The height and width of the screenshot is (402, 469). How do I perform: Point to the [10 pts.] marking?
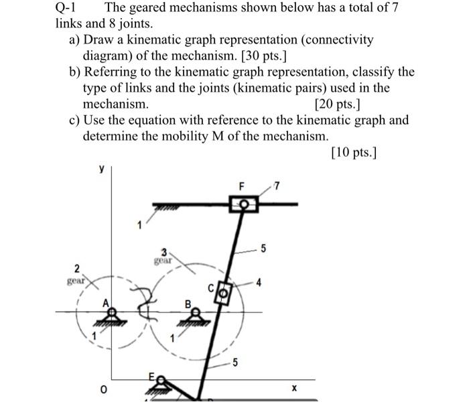(x=354, y=153)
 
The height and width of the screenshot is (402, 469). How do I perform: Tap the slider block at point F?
(x=244, y=203)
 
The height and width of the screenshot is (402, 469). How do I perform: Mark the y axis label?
(x=101, y=170)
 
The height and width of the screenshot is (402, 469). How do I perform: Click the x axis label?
(x=293, y=388)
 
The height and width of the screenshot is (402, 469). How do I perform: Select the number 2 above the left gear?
(x=77, y=268)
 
